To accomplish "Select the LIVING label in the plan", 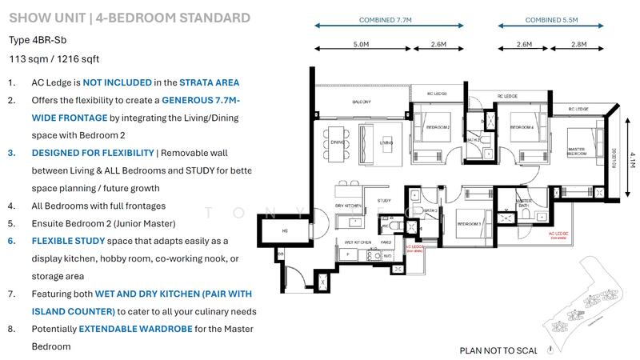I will coord(386,144).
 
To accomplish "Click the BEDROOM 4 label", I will coord(522,126).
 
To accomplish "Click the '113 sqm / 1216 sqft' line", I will coord(54,58).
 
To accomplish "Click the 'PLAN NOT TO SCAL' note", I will coord(504,350).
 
